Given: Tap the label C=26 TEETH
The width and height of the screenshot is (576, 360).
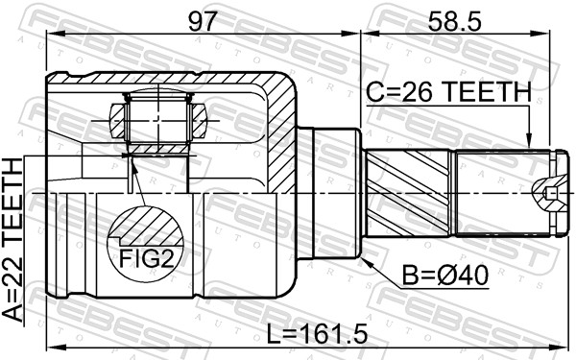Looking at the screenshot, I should (x=447, y=92).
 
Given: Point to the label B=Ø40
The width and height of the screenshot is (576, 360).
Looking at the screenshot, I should (x=445, y=276).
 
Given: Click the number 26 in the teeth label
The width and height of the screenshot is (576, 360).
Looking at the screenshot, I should (x=419, y=92).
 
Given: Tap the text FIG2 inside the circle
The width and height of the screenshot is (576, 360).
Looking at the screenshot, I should (x=146, y=258).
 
